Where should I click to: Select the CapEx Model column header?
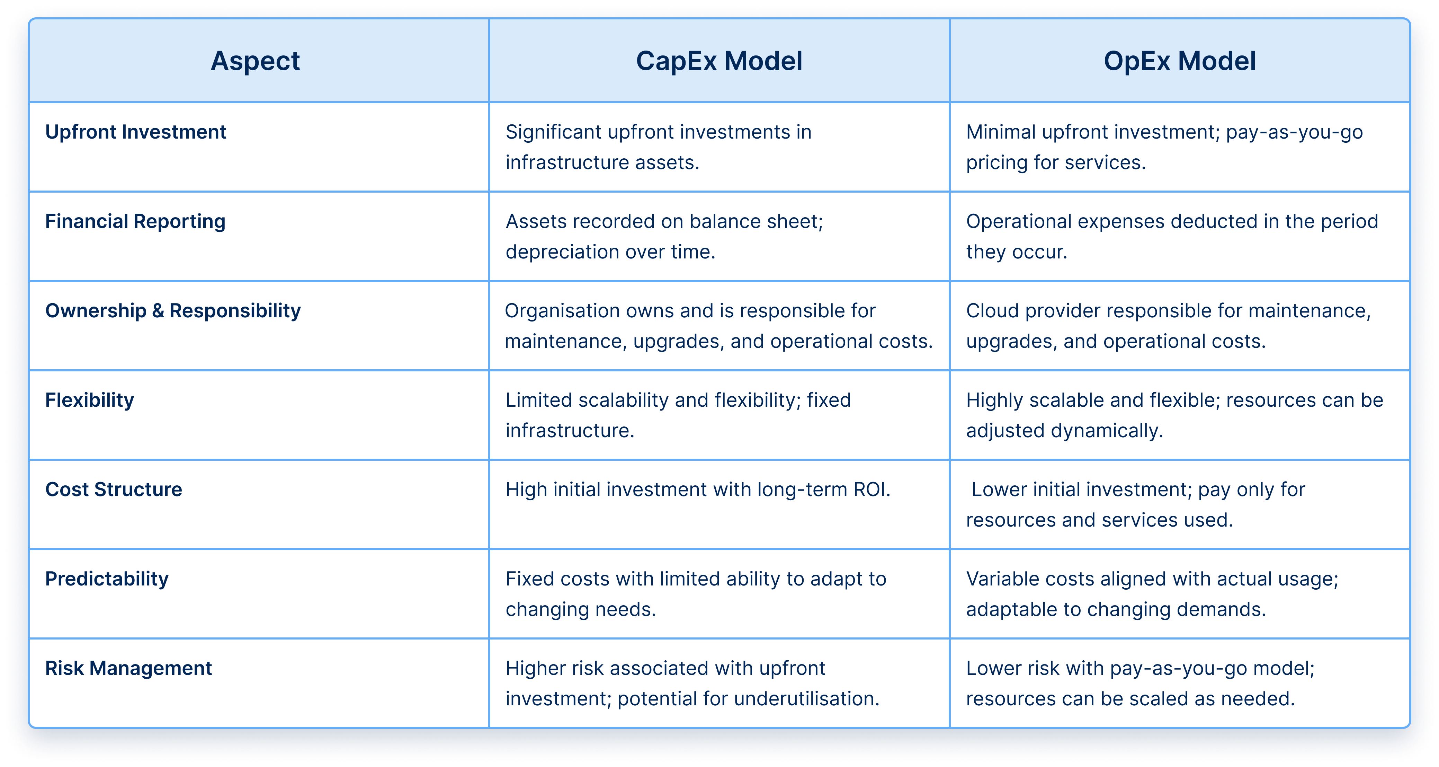pyautogui.click(x=719, y=61)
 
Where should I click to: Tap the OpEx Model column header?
pyautogui.click(x=1180, y=61)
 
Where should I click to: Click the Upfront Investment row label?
pyautogui.click(x=136, y=132)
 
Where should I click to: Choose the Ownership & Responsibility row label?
pyautogui.click(x=173, y=311)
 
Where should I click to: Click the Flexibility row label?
pyautogui.click(x=89, y=400)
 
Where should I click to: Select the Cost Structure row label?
pyautogui.click(x=114, y=490)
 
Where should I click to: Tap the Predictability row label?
pyautogui.click(x=107, y=579)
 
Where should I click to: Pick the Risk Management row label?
pyautogui.click(x=128, y=669)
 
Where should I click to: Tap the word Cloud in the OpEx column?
pyautogui.click(x=993, y=311)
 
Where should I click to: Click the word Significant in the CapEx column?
pyautogui.click(x=553, y=132)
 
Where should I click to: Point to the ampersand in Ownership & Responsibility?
pyautogui.click(x=158, y=311)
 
